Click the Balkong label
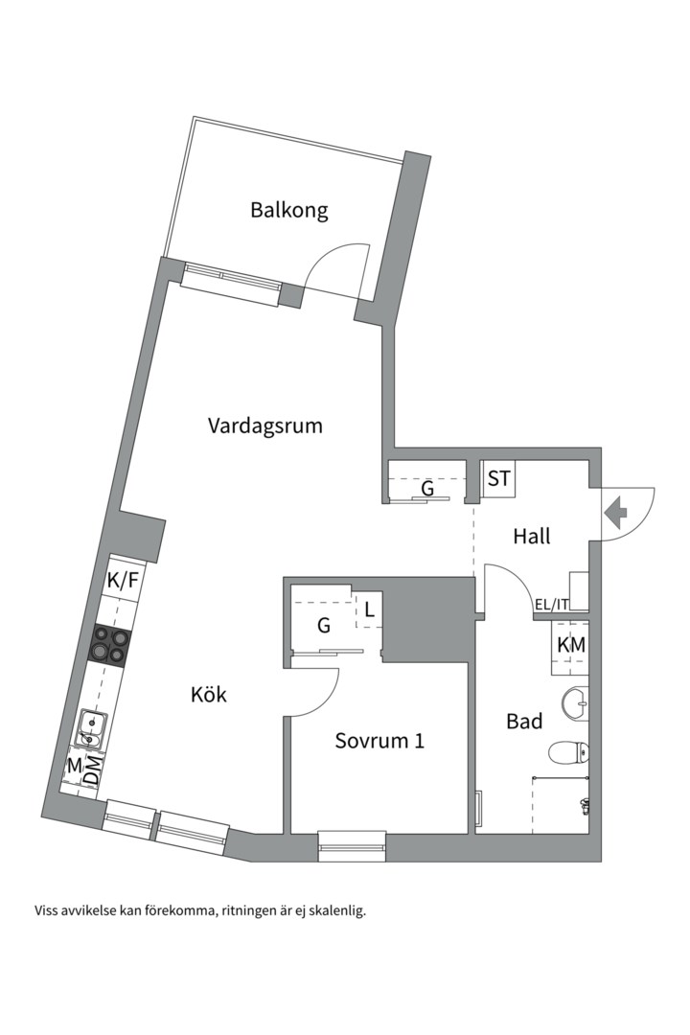288,210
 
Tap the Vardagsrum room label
264,425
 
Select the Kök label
208,694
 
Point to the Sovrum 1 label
379,741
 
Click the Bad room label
524,722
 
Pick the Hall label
531,537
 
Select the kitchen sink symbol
93,726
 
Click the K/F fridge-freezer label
123,579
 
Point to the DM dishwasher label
92,770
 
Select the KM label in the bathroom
571,646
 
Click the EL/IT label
551,605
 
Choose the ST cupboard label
498,478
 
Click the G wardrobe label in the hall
427,489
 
